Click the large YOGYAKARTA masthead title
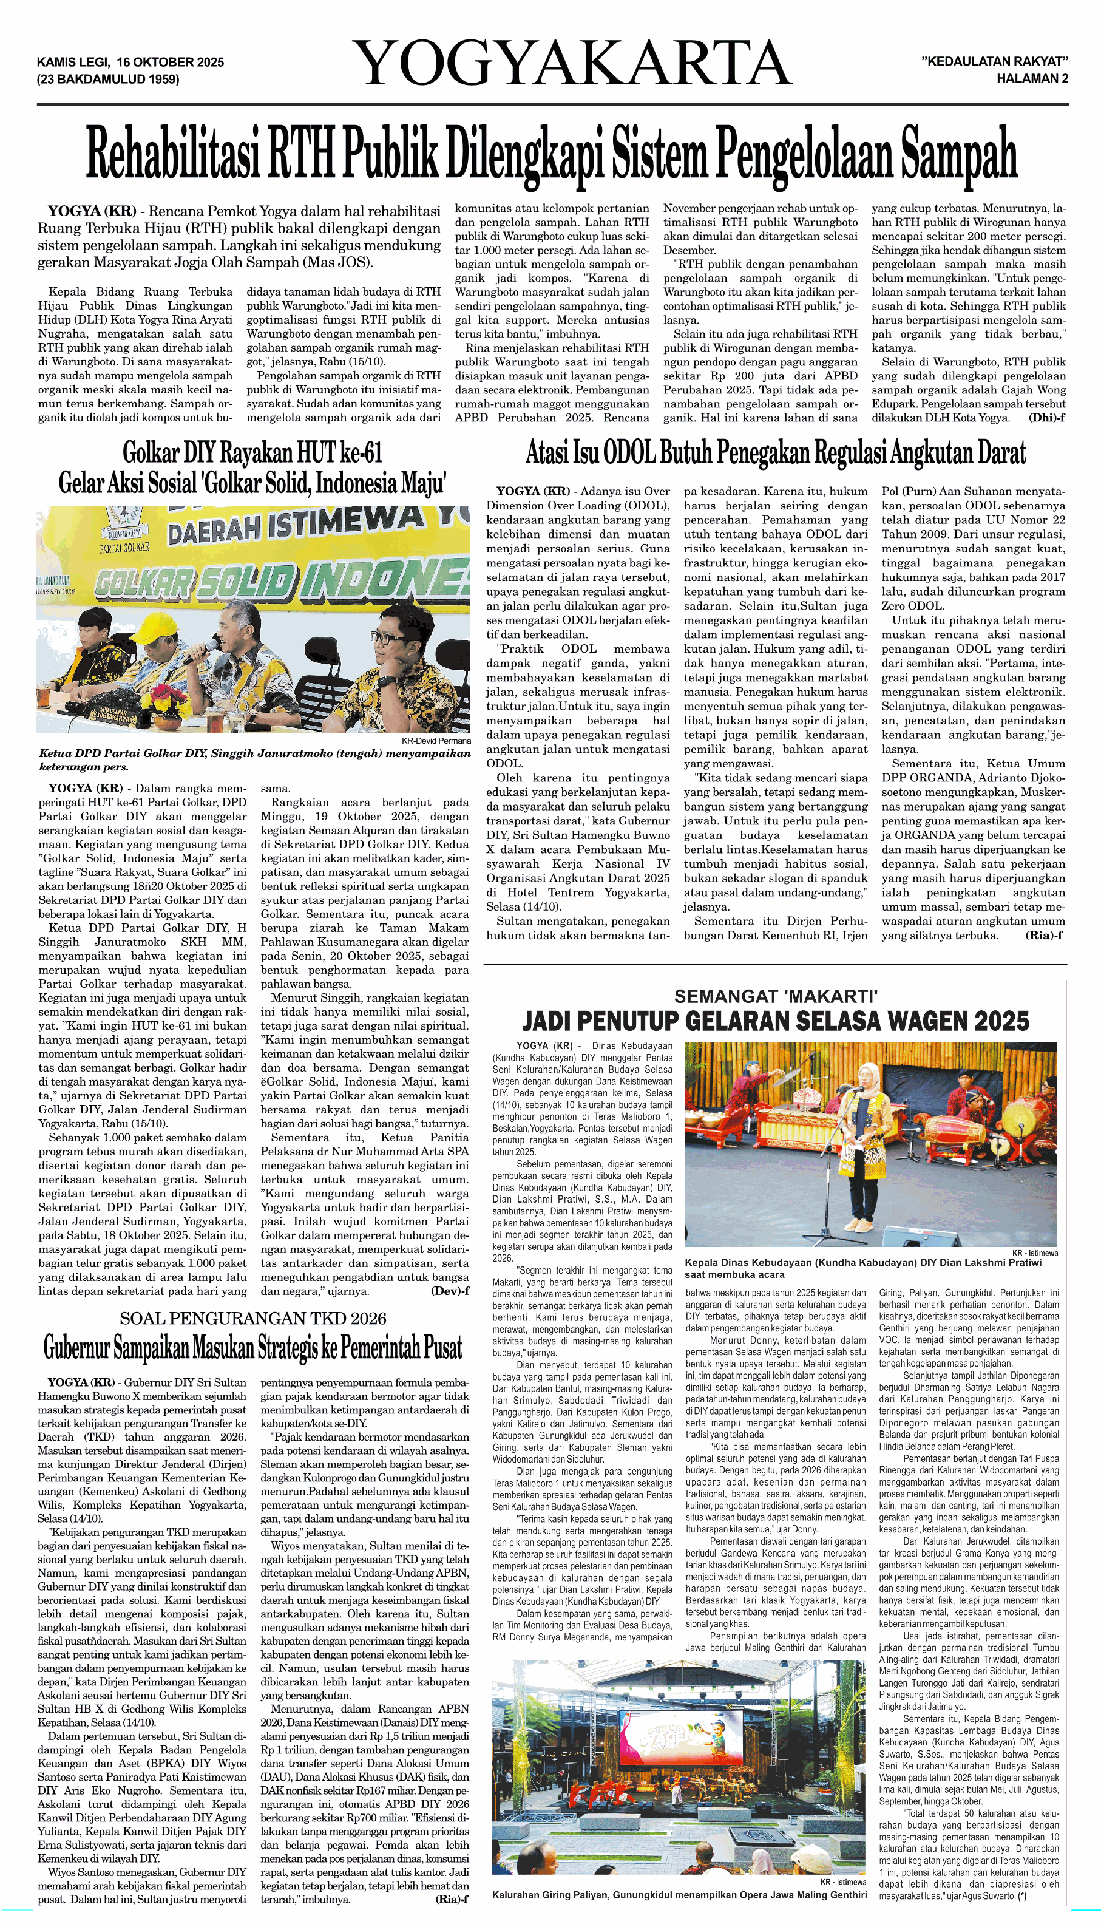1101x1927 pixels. click(x=572, y=64)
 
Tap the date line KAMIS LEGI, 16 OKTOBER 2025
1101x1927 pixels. click(x=130, y=62)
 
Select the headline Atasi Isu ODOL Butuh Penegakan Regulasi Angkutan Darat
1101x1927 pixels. click(x=776, y=453)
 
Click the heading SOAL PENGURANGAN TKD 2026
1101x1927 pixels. click(x=252, y=1318)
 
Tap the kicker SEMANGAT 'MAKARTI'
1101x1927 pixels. click(x=776, y=997)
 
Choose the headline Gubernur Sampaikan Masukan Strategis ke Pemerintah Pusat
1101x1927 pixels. click(x=252, y=1347)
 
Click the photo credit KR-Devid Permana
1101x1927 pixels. click(x=436, y=741)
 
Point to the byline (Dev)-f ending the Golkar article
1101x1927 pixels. click(x=450, y=1291)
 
